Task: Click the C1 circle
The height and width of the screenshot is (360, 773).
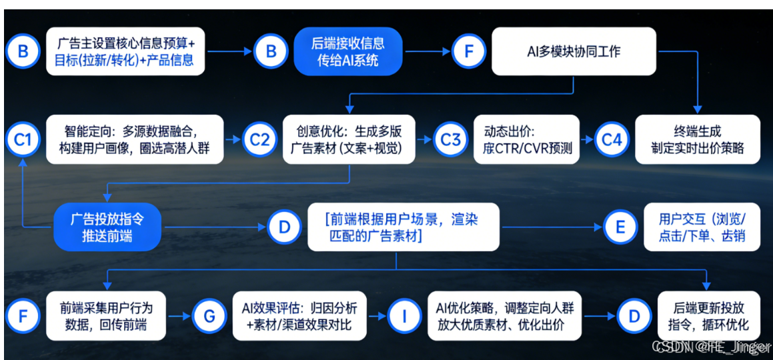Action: point(23,140)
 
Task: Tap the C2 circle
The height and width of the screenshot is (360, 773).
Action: point(259,140)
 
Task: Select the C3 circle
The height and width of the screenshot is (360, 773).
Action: point(451,140)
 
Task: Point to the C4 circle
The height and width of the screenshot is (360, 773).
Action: point(612,140)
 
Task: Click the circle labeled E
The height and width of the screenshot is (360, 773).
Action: point(620,227)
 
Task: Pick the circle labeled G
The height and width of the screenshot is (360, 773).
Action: point(209,316)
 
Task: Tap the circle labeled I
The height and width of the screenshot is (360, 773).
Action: point(404,316)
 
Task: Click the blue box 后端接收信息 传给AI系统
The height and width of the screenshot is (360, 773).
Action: point(347,51)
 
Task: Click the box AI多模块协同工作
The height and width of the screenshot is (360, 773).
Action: point(574,51)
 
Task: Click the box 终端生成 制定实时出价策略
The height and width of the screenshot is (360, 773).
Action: point(697,139)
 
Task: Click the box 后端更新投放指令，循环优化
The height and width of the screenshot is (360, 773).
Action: point(709,316)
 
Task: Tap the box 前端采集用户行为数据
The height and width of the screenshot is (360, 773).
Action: point(107,316)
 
